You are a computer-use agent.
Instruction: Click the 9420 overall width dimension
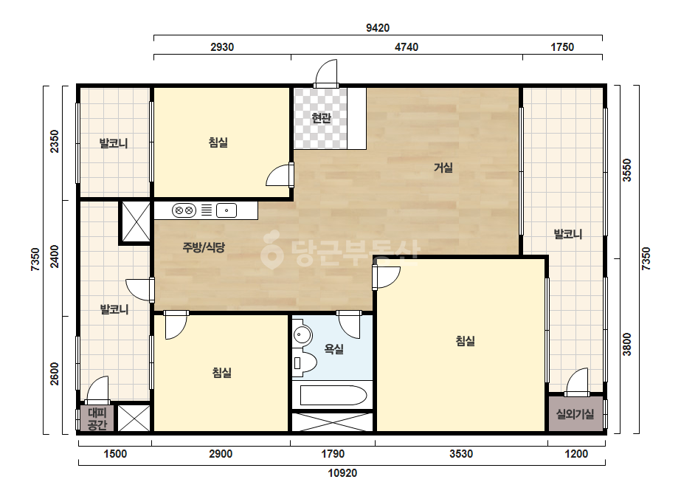click(378, 28)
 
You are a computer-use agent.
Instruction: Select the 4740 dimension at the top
click(406, 47)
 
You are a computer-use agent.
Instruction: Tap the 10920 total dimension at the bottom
click(342, 473)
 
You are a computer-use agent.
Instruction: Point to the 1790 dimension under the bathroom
click(333, 454)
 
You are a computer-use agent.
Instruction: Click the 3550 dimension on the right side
click(627, 170)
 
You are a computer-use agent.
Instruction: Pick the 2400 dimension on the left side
click(55, 256)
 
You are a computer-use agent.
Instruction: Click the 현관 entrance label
click(322, 118)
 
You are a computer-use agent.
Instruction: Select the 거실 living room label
click(443, 168)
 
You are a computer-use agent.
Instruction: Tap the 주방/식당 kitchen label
click(204, 247)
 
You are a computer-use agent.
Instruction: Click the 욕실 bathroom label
click(334, 348)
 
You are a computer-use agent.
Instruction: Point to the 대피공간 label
click(97, 419)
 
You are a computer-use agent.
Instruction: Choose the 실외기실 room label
click(575, 414)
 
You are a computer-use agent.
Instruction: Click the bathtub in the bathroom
click(333, 395)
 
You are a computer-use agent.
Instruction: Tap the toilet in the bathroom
click(305, 362)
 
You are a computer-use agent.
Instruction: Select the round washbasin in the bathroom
click(303, 335)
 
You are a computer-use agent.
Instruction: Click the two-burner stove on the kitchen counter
click(184, 210)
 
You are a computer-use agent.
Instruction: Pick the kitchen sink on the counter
click(227, 210)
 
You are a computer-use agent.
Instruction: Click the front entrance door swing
click(326, 73)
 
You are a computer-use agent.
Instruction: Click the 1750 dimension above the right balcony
click(562, 47)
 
